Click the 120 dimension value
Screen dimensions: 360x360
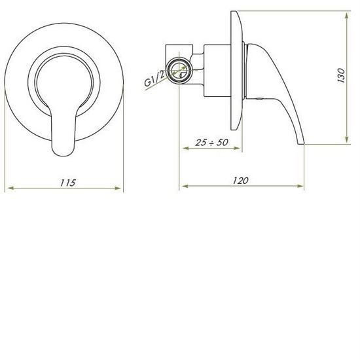click(x=240, y=181)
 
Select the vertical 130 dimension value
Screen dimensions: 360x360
click(x=340, y=77)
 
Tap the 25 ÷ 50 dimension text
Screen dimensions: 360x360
click(x=212, y=141)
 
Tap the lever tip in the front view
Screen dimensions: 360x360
click(x=63, y=149)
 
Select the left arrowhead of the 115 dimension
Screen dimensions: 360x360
click(x=8, y=189)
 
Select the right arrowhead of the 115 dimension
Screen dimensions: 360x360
click(x=120, y=189)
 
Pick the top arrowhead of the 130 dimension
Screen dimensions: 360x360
click(x=345, y=12)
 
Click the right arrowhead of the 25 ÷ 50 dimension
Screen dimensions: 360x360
click(x=240, y=147)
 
